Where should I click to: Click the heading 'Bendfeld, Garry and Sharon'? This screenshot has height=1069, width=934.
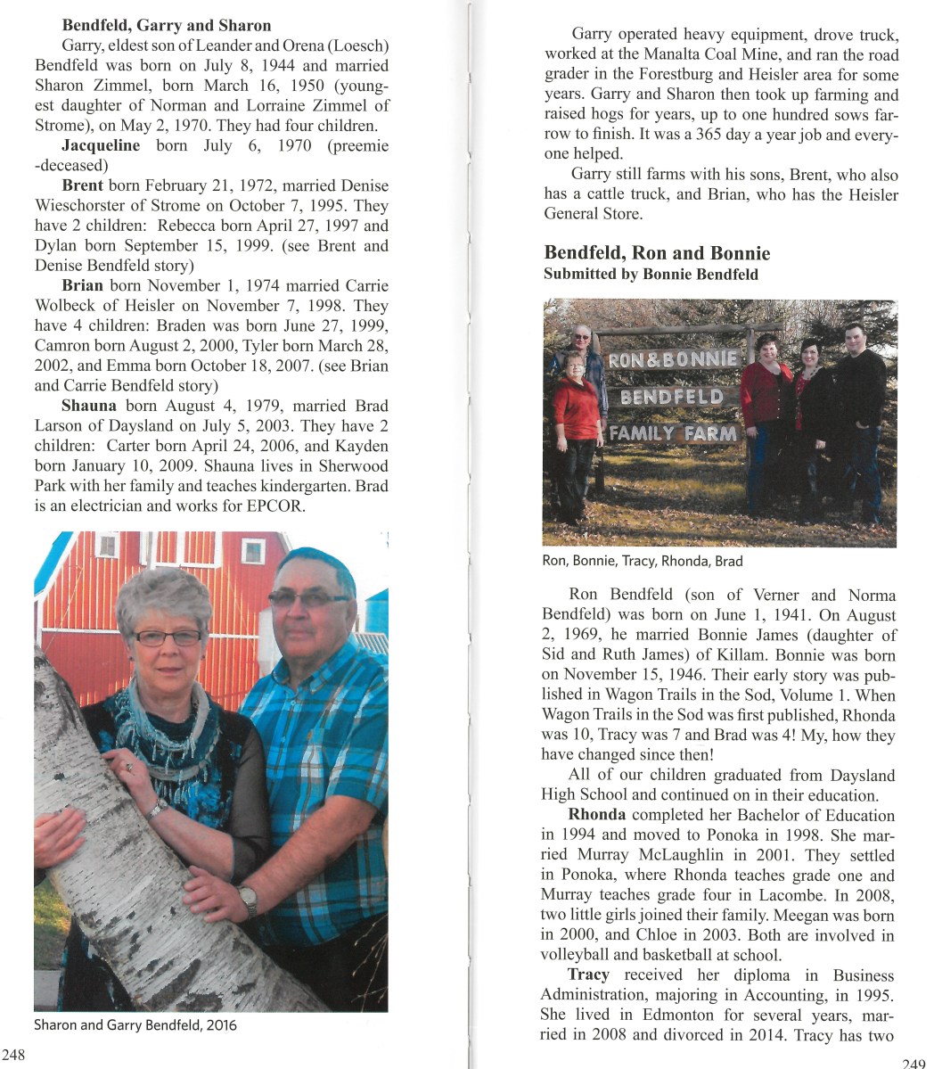[x=167, y=25]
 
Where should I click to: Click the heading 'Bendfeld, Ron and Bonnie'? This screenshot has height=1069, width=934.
[x=657, y=253]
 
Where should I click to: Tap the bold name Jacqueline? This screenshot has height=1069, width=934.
[x=101, y=145]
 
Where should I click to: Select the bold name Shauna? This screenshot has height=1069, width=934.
[x=89, y=406]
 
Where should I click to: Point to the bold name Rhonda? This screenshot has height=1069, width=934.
[x=596, y=815]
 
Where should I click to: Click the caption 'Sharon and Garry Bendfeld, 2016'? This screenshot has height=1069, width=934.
[x=135, y=1024]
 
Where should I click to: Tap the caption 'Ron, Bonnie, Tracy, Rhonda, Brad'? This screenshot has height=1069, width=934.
[x=642, y=561]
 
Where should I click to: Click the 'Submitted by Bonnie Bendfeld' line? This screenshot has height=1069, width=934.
[x=651, y=275]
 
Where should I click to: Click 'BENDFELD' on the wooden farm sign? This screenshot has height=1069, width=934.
[x=672, y=396]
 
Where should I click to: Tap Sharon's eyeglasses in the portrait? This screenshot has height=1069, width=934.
[x=168, y=637]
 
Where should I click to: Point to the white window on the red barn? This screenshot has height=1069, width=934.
[x=253, y=551]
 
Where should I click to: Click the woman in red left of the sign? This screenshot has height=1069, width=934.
[x=575, y=428]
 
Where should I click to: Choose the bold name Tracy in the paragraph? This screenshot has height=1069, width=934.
[x=588, y=975]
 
